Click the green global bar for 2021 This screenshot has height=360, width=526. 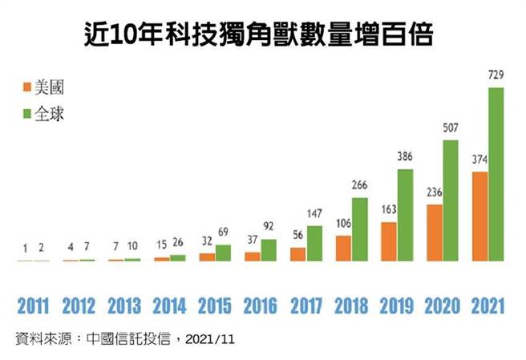click(x=496, y=174)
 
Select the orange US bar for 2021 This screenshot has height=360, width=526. click(x=479, y=216)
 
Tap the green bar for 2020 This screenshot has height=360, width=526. click(x=451, y=200)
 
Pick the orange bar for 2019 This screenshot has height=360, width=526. click(x=389, y=241)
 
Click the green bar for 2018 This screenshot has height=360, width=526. click(x=360, y=229)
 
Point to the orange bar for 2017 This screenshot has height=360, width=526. click(x=297, y=254)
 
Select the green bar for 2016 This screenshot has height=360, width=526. click(x=269, y=250)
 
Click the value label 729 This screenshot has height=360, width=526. click(x=496, y=76)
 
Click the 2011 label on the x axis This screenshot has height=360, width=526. click(x=34, y=306)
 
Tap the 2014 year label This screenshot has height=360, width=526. click(x=169, y=306)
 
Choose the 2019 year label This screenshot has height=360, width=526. click(x=396, y=306)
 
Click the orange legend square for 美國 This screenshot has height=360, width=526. click(x=27, y=86)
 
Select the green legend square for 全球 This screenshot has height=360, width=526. click(x=27, y=114)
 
